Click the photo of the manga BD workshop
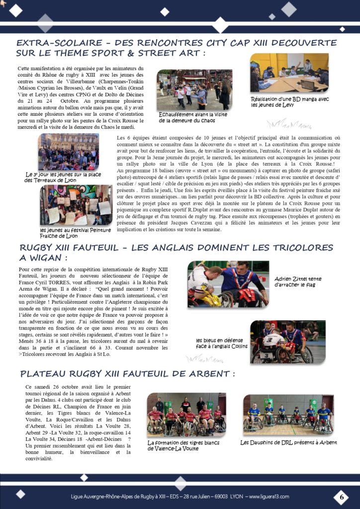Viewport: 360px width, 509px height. [289, 73]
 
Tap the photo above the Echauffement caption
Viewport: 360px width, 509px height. [194, 90]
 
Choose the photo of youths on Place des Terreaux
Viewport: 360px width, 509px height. [68, 152]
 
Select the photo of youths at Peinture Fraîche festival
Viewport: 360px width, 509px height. [76, 205]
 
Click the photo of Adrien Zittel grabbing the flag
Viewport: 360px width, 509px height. [228, 284]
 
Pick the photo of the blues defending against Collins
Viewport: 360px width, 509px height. [281, 342]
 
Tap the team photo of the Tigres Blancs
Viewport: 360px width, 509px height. [186, 414]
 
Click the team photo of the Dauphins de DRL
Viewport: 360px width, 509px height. [288, 414]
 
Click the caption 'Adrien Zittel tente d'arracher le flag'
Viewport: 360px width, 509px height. [297, 282]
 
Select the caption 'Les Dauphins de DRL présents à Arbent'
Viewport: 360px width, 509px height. [288, 442]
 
